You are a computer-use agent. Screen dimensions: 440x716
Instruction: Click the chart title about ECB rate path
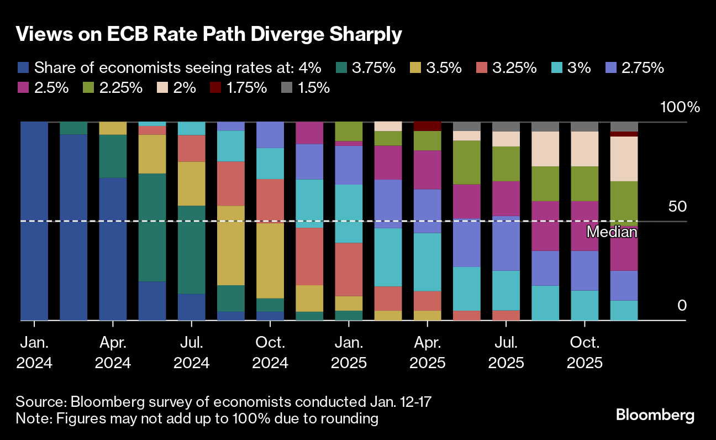209,34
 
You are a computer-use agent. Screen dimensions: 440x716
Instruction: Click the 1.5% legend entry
288,87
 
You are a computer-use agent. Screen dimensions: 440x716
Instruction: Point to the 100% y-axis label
680,107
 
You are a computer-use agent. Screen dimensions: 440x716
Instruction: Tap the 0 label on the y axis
682,306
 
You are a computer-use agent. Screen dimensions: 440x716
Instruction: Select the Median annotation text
612,232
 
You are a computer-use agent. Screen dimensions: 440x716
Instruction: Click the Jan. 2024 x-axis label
34,353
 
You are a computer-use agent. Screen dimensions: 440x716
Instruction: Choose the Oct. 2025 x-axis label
585,353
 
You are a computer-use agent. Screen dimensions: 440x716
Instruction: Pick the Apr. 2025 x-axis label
428,353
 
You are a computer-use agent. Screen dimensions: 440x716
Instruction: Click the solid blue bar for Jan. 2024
34,221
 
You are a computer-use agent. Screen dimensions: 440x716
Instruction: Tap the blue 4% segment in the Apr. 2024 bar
113,249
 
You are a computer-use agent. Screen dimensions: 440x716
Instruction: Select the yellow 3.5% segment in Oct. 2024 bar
270,260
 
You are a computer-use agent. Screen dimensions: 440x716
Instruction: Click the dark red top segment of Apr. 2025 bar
428,126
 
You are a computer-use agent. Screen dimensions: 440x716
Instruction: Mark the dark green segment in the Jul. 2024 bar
191,249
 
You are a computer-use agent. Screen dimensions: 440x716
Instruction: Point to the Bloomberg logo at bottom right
655,415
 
